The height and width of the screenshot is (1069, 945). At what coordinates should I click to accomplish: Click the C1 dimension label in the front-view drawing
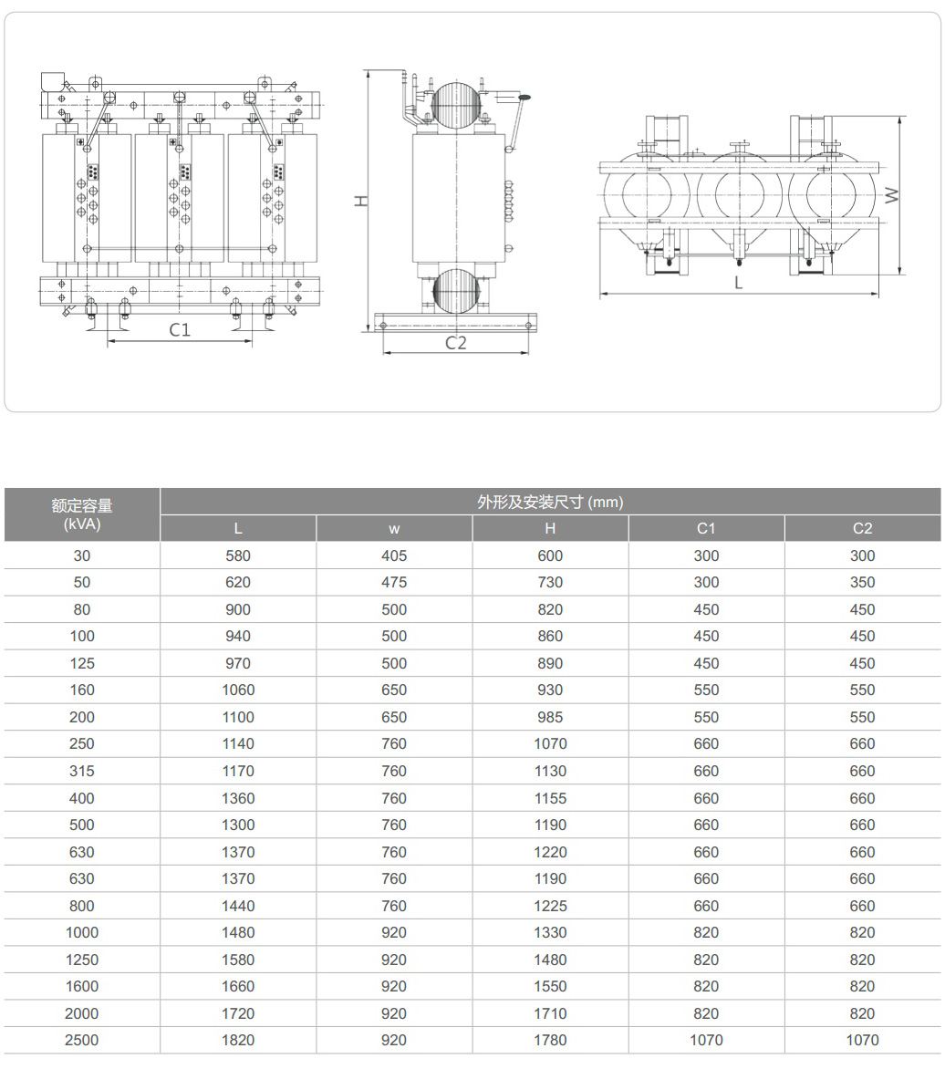click(180, 330)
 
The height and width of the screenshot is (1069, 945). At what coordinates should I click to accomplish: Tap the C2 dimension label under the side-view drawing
click(456, 343)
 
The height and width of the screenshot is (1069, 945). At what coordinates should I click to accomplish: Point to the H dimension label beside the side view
click(361, 202)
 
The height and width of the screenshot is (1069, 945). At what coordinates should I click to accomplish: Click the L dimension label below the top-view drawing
click(739, 283)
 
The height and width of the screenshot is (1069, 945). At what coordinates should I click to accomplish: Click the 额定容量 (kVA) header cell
click(82, 514)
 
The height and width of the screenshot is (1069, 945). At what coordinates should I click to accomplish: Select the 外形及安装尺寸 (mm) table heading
click(550, 502)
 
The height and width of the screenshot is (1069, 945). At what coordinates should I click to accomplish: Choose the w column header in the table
click(394, 528)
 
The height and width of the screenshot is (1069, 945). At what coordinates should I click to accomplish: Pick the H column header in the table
click(550, 528)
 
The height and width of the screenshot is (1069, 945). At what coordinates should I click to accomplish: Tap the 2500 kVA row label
click(82, 1040)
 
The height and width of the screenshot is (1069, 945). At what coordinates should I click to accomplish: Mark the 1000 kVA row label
click(82, 932)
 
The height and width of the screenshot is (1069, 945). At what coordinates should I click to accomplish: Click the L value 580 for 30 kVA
click(238, 555)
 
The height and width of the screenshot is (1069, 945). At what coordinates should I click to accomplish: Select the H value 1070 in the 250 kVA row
click(550, 744)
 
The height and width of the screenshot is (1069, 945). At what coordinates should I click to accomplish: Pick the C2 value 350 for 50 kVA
click(862, 582)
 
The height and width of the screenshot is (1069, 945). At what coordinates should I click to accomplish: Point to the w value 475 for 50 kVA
click(394, 582)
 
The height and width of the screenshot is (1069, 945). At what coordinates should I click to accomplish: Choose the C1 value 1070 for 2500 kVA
click(706, 1040)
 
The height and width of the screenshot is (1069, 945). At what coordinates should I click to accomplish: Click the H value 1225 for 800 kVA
click(550, 906)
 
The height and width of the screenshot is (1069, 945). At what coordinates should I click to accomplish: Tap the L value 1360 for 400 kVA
click(238, 798)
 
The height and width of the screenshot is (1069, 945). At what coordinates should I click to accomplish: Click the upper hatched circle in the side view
click(456, 105)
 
